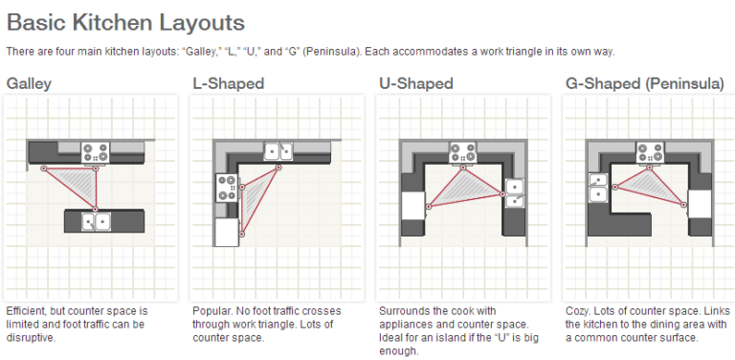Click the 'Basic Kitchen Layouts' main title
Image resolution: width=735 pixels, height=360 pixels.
[125, 21]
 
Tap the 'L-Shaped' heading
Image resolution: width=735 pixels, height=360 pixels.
[228, 83]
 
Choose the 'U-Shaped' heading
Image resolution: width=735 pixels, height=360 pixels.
[416, 83]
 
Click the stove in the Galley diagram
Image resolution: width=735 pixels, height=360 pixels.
[96, 150]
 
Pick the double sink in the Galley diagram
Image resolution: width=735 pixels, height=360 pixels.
[96, 221]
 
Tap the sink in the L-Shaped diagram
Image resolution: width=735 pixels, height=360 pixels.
[278, 149]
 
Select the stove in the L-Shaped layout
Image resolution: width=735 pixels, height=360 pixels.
[226, 186]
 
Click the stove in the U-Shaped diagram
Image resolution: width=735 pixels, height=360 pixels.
[466, 150]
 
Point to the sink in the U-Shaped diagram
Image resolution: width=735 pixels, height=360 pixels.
[515, 193]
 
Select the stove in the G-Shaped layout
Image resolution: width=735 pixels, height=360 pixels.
[653, 150]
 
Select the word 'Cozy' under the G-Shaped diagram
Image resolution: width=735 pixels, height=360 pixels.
[579, 311]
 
